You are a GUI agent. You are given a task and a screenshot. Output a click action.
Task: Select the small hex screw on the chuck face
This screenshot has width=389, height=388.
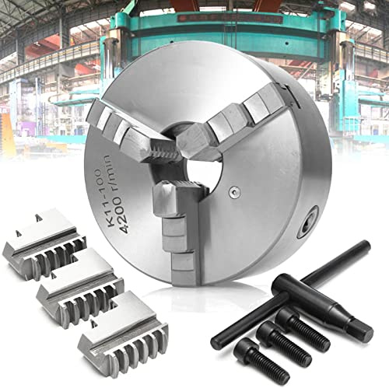[234, 192]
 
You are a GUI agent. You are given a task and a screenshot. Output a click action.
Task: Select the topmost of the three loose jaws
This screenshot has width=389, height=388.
[44, 245]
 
